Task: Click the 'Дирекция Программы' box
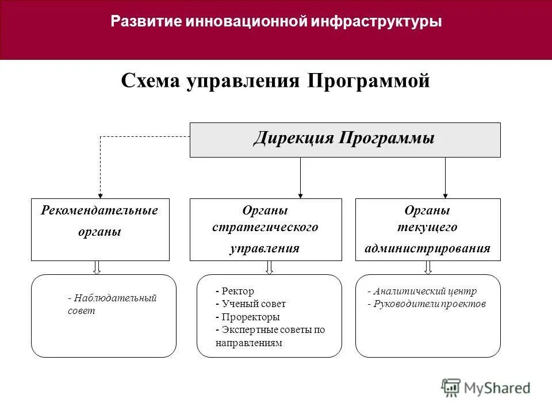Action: point(345,140)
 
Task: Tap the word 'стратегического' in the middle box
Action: point(265,227)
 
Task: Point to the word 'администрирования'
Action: point(428,248)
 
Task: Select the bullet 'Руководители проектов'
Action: point(428,304)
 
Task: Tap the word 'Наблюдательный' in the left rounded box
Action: point(114,298)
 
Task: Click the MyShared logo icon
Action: point(451,388)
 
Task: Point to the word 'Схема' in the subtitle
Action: point(150,81)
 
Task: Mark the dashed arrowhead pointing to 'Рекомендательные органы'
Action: point(101,194)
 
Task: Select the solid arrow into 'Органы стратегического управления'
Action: point(300,194)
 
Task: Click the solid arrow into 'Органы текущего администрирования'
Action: point(445,194)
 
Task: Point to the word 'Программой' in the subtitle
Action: point(369,81)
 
